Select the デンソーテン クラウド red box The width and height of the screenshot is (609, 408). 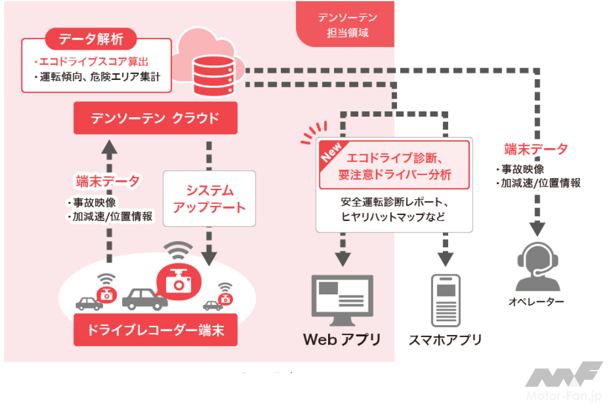[156, 118]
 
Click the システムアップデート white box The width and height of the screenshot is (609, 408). [210, 199]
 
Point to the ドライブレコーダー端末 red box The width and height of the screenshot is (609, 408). [156, 330]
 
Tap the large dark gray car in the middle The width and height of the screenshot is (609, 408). [144, 298]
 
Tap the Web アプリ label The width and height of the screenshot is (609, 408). [342, 339]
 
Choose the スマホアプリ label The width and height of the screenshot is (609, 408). [445, 339]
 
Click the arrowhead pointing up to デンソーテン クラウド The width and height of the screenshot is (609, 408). [107, 146]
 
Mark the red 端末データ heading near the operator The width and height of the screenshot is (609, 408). [536, 149]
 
